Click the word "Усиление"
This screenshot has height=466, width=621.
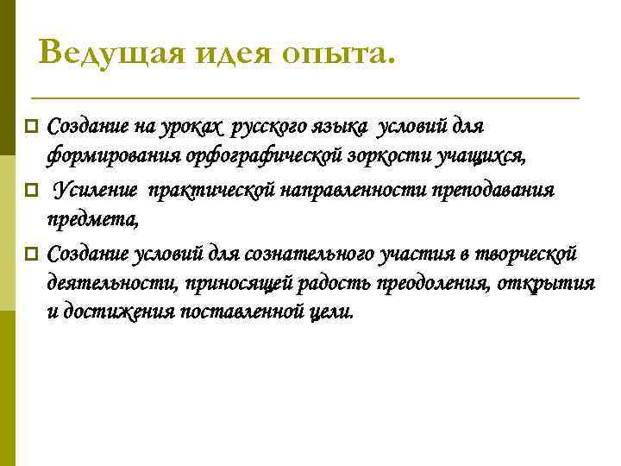(x=96, y=190)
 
